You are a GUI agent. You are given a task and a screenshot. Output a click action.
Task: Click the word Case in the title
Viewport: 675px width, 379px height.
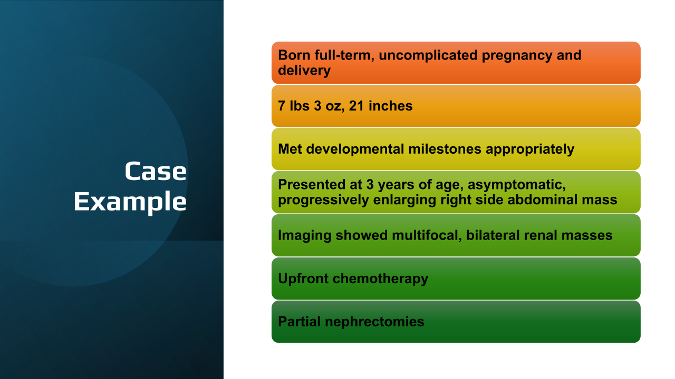(x=156, y=171)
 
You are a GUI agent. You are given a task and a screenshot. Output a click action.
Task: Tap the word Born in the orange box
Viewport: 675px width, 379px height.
(x=294, y=55)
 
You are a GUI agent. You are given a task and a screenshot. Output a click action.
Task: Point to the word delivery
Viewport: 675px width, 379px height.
(x=304, y=71)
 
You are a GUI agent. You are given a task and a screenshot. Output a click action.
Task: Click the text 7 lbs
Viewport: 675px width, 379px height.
(x=294, y=106)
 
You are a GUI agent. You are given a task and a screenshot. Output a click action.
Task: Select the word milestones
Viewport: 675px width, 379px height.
(x=445, y=149)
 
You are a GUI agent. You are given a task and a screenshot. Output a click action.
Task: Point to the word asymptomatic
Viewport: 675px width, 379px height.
(x=516, y=185)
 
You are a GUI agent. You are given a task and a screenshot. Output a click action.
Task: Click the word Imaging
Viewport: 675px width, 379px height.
(x=304, y=236)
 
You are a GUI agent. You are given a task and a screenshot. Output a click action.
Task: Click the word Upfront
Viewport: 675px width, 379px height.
(x=303, y=279)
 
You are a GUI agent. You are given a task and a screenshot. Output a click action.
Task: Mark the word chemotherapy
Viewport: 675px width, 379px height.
(x=380, y=279)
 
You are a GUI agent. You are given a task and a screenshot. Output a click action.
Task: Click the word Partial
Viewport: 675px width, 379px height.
(x=299, y=322)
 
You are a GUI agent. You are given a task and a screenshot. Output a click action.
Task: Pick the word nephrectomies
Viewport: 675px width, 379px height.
(x=374, y=322)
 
